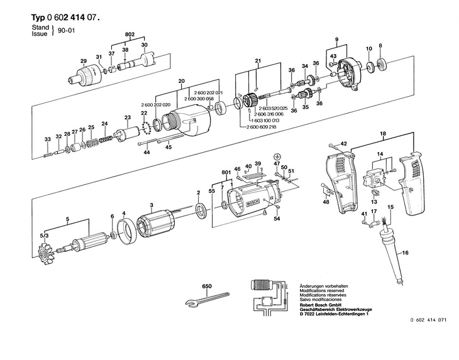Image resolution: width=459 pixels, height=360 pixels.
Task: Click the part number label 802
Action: pos(130,33)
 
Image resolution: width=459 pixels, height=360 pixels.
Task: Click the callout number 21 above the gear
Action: pos(258,60)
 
